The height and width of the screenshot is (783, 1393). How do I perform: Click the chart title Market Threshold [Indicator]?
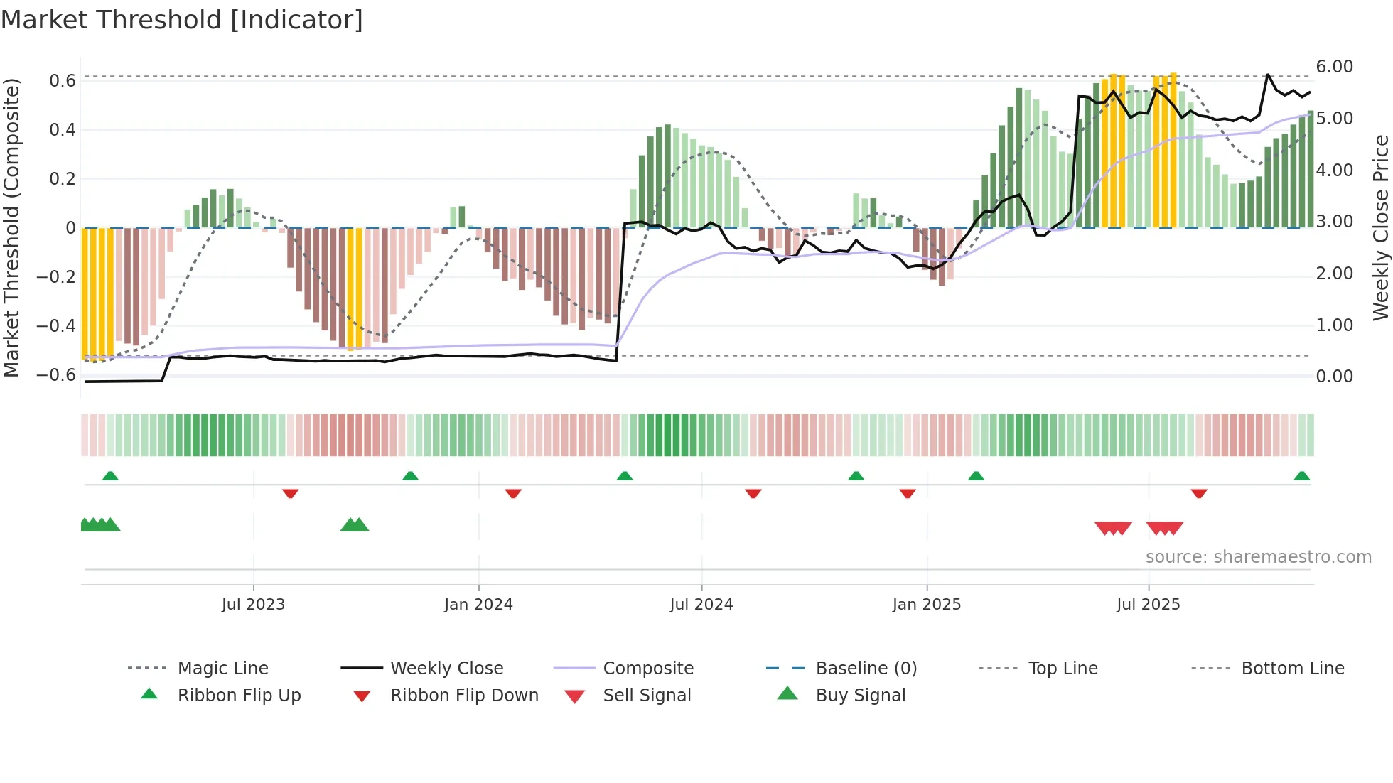click(182, 20)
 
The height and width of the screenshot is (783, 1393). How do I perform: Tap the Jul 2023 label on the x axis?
click(253, 605)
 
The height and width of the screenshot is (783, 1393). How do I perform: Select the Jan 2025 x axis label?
click(926, 605)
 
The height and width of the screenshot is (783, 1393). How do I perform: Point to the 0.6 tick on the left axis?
click(63, 81)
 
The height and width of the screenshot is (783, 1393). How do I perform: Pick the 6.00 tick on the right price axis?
click(1334, 67)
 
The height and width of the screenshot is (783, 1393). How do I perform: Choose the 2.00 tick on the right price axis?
click(1334, 274)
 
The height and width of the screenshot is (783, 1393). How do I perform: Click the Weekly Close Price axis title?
click(1380, 227)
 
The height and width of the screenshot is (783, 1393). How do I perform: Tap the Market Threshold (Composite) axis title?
click(11, 227)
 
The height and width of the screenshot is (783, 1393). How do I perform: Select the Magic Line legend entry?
click(222, 669)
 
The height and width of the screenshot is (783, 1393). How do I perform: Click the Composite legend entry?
click(647, 669)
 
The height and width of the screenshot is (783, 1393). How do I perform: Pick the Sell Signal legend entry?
click(646, 696)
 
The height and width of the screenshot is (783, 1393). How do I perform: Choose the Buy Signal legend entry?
click(860, 696)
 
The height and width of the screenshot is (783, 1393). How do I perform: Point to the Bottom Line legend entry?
click(1292, 669)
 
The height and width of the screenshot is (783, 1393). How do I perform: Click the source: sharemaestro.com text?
click(1258, 557)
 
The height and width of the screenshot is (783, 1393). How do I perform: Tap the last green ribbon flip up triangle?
click(1301, 476)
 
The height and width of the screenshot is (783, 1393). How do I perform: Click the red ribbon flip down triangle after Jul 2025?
click(1199, 493)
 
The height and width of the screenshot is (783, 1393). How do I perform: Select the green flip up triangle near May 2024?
click(624, 476)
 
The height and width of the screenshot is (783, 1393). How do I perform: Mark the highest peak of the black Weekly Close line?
click(1267, 75)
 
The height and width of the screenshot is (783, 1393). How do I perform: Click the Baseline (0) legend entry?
click(866, 669)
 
